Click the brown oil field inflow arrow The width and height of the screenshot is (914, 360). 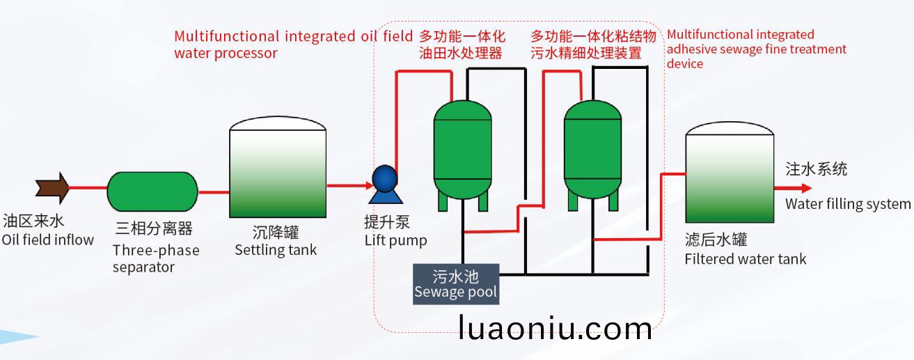coord(52,188)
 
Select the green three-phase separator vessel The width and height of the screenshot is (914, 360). coord(152,191)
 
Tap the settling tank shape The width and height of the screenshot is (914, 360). coord(278,166)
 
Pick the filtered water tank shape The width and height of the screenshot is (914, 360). coord(730,172)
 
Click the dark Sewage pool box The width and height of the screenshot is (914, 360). coord(456,284)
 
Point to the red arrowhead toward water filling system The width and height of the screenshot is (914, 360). coord(806,188)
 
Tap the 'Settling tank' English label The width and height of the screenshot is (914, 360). coord(276,250)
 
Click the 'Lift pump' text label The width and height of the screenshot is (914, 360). coord(396,240)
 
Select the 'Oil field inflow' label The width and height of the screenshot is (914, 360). coord(48,240)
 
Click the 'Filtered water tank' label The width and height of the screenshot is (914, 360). coord(746,259)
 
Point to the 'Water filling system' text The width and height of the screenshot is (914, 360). coord(848,203)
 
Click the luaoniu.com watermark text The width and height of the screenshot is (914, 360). coord(555,328)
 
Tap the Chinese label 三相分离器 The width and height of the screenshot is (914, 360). coord(154,228)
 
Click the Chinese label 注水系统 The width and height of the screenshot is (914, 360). coord(816,169)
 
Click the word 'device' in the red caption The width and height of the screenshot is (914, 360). coord(685,63)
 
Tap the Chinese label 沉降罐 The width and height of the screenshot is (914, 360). coord(276,233)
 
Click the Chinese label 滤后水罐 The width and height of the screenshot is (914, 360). coord(716,240)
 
